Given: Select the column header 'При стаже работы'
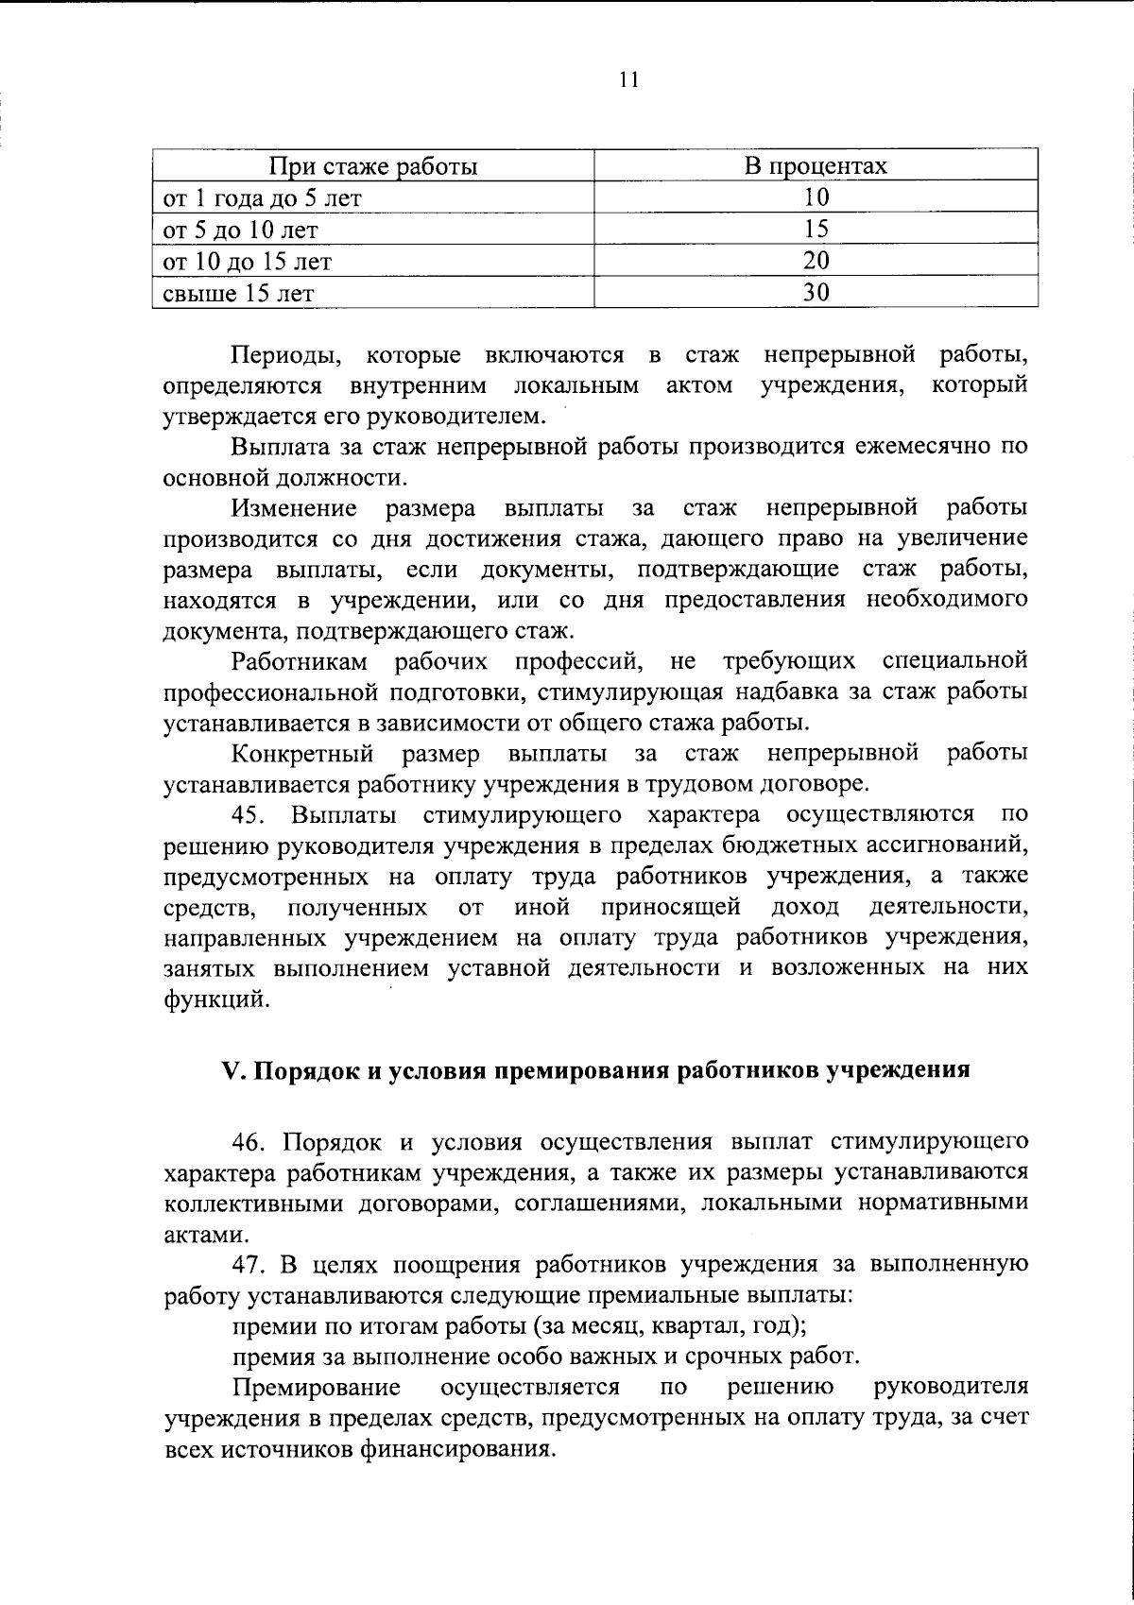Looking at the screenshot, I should tap(373, 167).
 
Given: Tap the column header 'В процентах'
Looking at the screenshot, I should tap(816, 167).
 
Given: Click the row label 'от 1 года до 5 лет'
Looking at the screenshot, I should tap(262, 198).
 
